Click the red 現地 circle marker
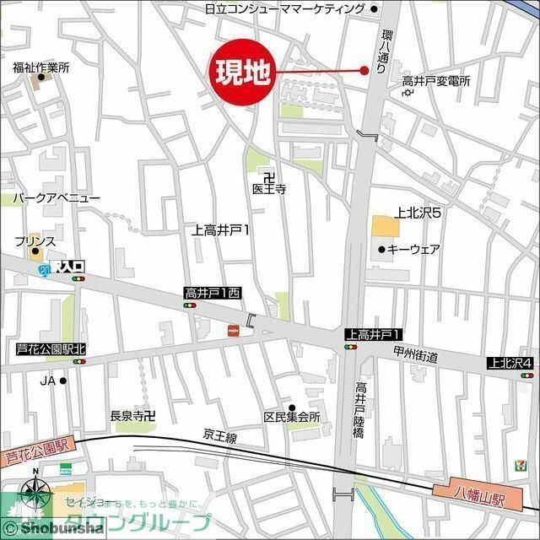pos(240,73)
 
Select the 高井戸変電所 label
pos(435,81)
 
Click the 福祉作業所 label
pos(40,67)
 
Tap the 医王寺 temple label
pos(269,190)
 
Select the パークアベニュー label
pos(56,197)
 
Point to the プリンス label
pos(35,241)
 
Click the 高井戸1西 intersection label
pos(213,293)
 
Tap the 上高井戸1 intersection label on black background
pos(372,335)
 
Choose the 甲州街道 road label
pos(415,357)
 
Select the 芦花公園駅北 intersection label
pos(51,348)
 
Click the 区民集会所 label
pos(292,417)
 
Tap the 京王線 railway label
pos(222,434)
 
